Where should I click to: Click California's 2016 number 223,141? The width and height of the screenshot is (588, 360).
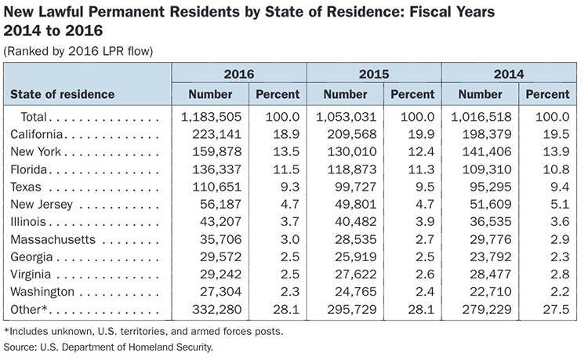tap(216, 134)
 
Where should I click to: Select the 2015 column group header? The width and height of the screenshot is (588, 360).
tap(374, 74)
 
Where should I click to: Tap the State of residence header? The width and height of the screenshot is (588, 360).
tap(62, 94)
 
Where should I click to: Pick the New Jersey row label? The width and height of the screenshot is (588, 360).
tap(42, 205)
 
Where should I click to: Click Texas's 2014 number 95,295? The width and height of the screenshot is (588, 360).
tap(491, 187)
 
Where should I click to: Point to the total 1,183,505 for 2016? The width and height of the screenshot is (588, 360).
tap(211, 117)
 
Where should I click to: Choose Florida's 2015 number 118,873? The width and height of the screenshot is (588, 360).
tap(352, 169)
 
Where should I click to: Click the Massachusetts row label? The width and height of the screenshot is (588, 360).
tap(53, 239)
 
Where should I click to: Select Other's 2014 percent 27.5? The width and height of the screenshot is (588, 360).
tap(556, 309)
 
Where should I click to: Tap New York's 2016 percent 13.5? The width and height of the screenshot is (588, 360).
tap(286, 151)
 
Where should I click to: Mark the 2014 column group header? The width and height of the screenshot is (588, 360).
tap(509, 74)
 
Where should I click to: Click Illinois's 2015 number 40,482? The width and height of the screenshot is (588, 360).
tap(355, 222)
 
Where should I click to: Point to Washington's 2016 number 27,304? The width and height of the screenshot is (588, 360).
tap(220, 292)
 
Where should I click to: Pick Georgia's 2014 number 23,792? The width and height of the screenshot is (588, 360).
tap(491, 257)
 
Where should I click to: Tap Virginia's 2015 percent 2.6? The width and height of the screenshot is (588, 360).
tap(425, 275)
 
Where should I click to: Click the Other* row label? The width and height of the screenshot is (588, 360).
tap(29, 309)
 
